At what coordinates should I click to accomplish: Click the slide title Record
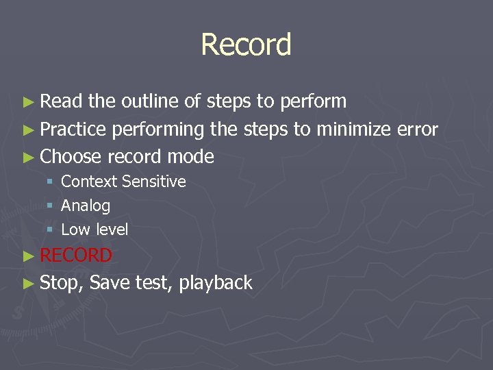246,45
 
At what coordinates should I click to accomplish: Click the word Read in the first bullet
62,101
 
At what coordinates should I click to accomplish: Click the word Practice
73,129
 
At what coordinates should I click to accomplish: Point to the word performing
158,130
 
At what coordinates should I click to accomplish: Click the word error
417,129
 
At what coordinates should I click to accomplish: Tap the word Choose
71,157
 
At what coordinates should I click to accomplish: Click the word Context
88,182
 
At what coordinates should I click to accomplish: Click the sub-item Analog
86,206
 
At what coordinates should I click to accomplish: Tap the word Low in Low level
73,230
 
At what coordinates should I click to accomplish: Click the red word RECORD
76,256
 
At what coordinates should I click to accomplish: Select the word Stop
60,283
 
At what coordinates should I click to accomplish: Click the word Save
110,282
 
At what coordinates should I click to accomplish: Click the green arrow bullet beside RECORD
28,256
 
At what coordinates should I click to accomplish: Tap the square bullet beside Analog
50,206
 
